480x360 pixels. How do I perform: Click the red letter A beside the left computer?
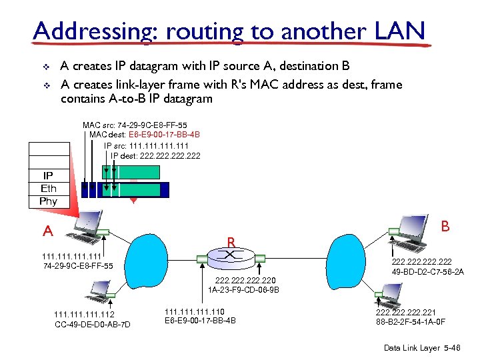click(47, 231)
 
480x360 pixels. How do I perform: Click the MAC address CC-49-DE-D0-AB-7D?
click(93, 325)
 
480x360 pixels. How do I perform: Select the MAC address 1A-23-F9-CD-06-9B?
click(243, 290)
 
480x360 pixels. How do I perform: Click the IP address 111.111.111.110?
click(195, 311)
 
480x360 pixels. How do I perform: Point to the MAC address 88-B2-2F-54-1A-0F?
click(411, 321)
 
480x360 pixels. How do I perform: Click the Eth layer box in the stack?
click(49, 188)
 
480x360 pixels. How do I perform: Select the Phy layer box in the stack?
click(49, 201)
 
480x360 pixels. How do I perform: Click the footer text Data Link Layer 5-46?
click(423, 348)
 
